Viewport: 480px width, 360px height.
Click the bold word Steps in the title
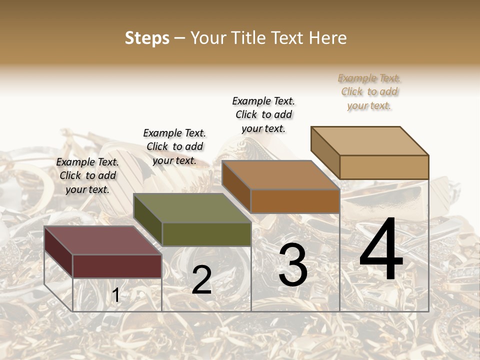(147, 38)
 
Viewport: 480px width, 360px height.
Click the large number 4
(381, 250)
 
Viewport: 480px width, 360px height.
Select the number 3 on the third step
(293, 264)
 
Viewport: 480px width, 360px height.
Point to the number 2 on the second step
(201, 280)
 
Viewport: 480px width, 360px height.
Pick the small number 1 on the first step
(115, 295)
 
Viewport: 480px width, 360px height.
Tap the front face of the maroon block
(117, 266)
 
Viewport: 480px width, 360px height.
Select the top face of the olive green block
(192, 208)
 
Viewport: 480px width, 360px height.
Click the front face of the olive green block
(206, 234)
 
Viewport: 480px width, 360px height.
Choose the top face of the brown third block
(280, 175)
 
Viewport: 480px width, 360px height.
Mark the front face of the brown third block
(295, 201)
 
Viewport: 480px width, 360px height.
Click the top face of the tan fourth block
(369, 140)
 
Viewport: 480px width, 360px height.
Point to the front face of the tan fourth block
(384, 167)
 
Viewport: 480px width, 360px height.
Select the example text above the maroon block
(87, 175)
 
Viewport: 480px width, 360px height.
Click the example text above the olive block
(174, 146)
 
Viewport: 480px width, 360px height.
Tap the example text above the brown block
(263, 114)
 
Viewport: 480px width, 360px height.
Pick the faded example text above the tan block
(369, 91)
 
